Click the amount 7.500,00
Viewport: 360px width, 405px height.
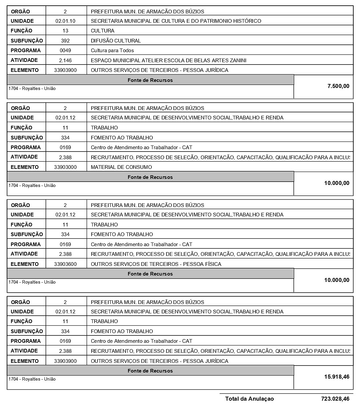click(338, 86)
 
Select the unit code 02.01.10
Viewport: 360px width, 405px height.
click(65, 21)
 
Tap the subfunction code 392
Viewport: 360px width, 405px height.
click(65, 41)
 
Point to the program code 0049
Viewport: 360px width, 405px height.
click(65, 50)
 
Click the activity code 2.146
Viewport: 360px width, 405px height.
click(65, 61)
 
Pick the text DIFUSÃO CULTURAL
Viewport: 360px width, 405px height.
click(116, 41)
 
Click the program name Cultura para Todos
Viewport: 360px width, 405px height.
click(112, 50)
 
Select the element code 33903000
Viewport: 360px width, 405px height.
click(65, 167)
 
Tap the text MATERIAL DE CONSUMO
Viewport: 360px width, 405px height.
click(121, 167)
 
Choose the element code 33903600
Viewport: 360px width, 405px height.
click(65, 264)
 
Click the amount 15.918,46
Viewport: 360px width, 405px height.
click(337, 377)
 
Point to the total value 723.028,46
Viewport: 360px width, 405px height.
click(335, 399)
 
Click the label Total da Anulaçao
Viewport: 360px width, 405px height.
click(249, 399)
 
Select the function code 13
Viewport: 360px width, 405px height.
click(65, 31)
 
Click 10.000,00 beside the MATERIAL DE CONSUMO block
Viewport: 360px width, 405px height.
click(337, 183)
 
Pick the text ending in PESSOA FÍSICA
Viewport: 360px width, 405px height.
click(156, 264)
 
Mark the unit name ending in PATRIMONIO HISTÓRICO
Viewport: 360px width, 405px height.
click(176, 21)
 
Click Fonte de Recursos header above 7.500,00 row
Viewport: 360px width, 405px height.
click(150, 80)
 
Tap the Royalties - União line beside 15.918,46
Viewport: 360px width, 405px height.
click(32, 379)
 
